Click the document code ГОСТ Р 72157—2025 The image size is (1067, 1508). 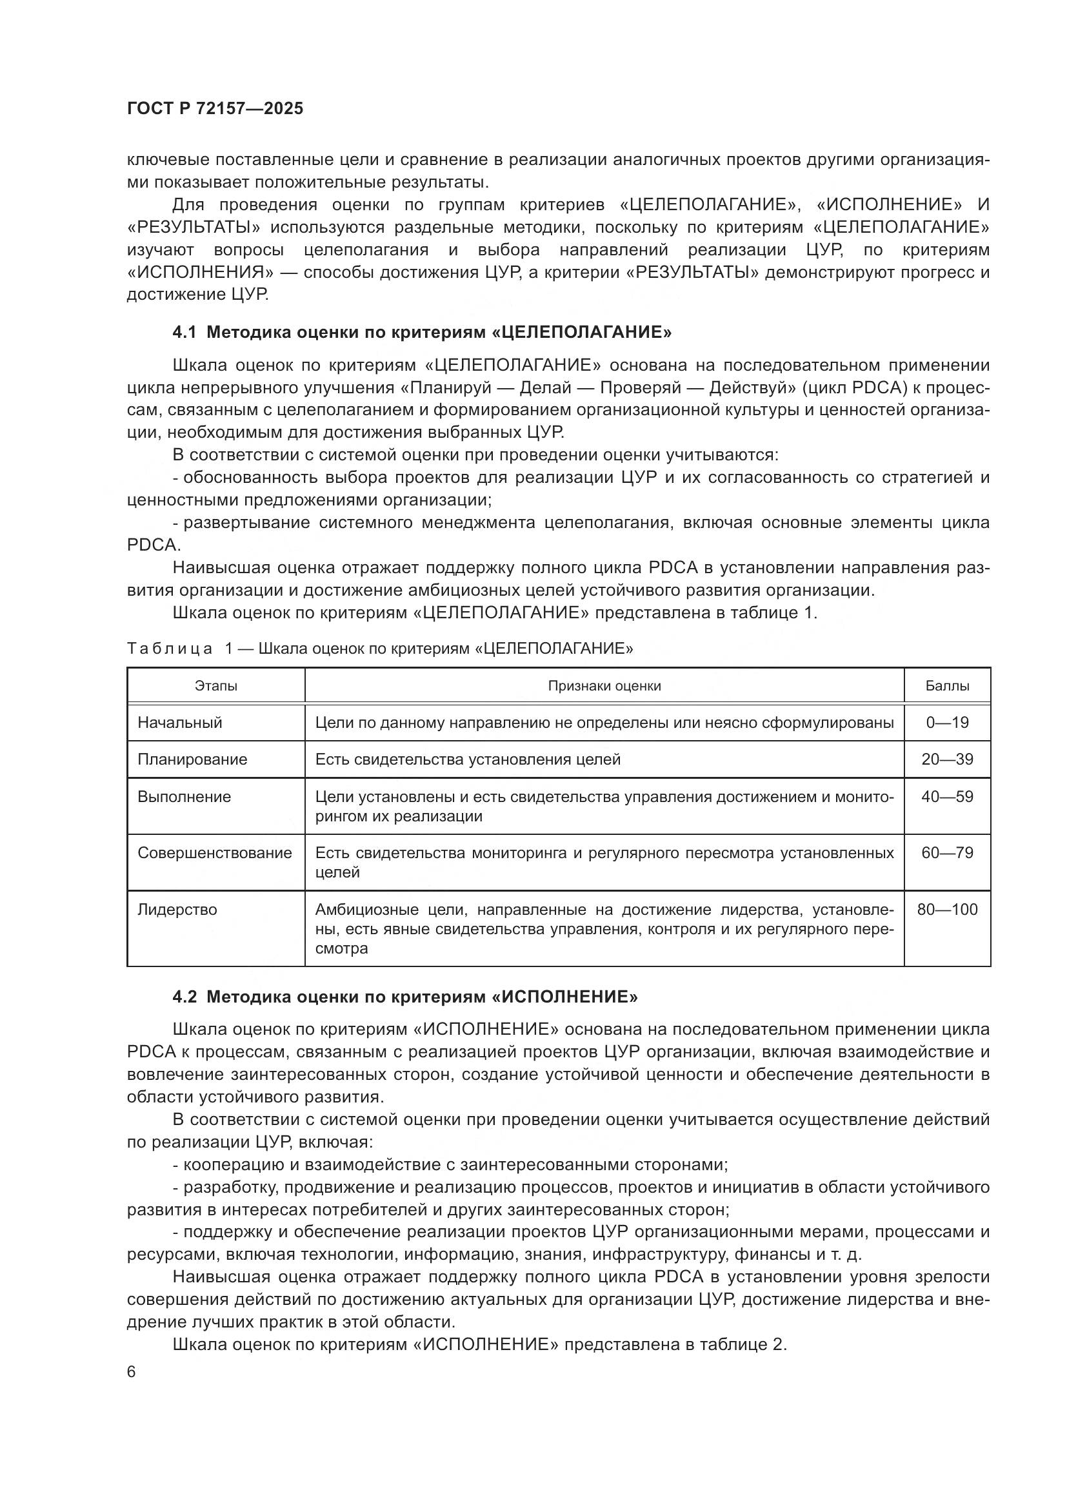215,108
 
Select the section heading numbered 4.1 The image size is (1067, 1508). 422,332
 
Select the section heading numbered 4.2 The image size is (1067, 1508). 404,997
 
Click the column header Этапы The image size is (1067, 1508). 215,686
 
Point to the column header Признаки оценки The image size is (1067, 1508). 604,686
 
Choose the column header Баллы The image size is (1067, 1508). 947,686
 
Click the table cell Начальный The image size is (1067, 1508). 180,723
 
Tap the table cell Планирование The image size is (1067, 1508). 192,759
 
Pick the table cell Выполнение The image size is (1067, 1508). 184,797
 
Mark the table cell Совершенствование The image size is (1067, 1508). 215,852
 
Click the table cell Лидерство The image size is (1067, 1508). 177,910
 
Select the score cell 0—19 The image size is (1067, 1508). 947,723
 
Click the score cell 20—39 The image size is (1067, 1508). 947,759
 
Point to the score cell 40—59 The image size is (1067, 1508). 947,797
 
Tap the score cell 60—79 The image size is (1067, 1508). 947,852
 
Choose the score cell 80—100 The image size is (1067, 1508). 947,910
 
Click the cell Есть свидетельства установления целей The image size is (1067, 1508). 468,759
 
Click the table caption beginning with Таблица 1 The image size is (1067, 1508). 380,649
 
